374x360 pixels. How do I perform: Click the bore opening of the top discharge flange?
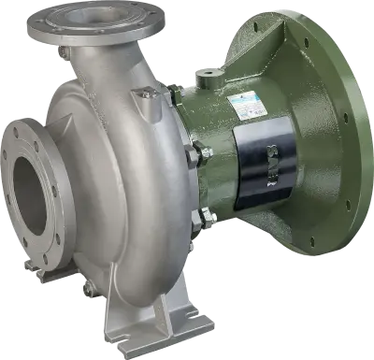coord(100,15)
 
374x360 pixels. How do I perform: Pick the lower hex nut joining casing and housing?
coord(197,217)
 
